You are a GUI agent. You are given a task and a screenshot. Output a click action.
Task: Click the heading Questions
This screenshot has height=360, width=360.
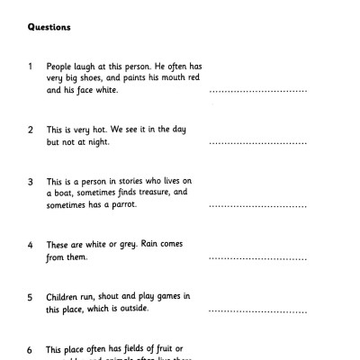50,27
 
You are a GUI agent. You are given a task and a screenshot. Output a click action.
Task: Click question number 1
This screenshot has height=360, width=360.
31,67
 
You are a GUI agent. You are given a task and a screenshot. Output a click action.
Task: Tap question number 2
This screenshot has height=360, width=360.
31,130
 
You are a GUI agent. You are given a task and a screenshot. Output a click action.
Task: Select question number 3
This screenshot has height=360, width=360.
31,181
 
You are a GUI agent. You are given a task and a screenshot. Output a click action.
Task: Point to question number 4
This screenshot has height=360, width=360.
31,245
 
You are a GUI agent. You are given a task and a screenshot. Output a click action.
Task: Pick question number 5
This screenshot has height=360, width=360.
31,296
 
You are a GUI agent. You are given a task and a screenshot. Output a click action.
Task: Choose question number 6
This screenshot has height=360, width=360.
31,348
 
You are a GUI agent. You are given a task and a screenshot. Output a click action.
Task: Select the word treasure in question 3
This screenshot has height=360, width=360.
154,193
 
